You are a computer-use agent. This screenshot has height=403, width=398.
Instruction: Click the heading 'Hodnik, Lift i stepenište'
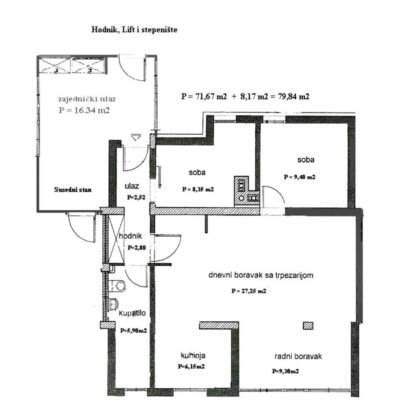pyautogui.click(x=134, y=30)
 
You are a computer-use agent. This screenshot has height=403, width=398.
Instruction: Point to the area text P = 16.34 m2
pyautogui.click(x=84, y=110)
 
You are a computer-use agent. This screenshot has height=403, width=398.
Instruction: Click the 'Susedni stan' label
pyautogui.click(x=73, y=189)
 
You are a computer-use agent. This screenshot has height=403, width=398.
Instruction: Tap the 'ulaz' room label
pyautogui.click(x=132, y=186)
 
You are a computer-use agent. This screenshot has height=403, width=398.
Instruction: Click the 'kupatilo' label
pyautogui.click(x=132, y=314)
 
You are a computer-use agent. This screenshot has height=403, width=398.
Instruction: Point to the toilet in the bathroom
pyautogui.click(x=118, y=285)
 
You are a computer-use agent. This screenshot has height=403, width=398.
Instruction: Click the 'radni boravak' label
pyautogui.click(x=298, y=356)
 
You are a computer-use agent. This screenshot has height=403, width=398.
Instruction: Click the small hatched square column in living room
pyautogui.click(x=308, y=325)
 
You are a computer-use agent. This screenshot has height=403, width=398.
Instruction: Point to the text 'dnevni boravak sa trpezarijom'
pyautogui.click(x=261, y=276)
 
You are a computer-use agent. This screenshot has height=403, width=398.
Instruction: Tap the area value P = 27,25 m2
pyautogui.click(x=249, y=291)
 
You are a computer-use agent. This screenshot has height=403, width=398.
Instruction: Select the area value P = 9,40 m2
pyautogui.click(x=300, y=177)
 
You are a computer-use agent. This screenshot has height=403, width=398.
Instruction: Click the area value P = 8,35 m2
pyautogui.click(x=198, y=189)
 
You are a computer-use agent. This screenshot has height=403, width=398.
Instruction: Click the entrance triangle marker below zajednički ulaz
pyautogui.click(x=135, y=137)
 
